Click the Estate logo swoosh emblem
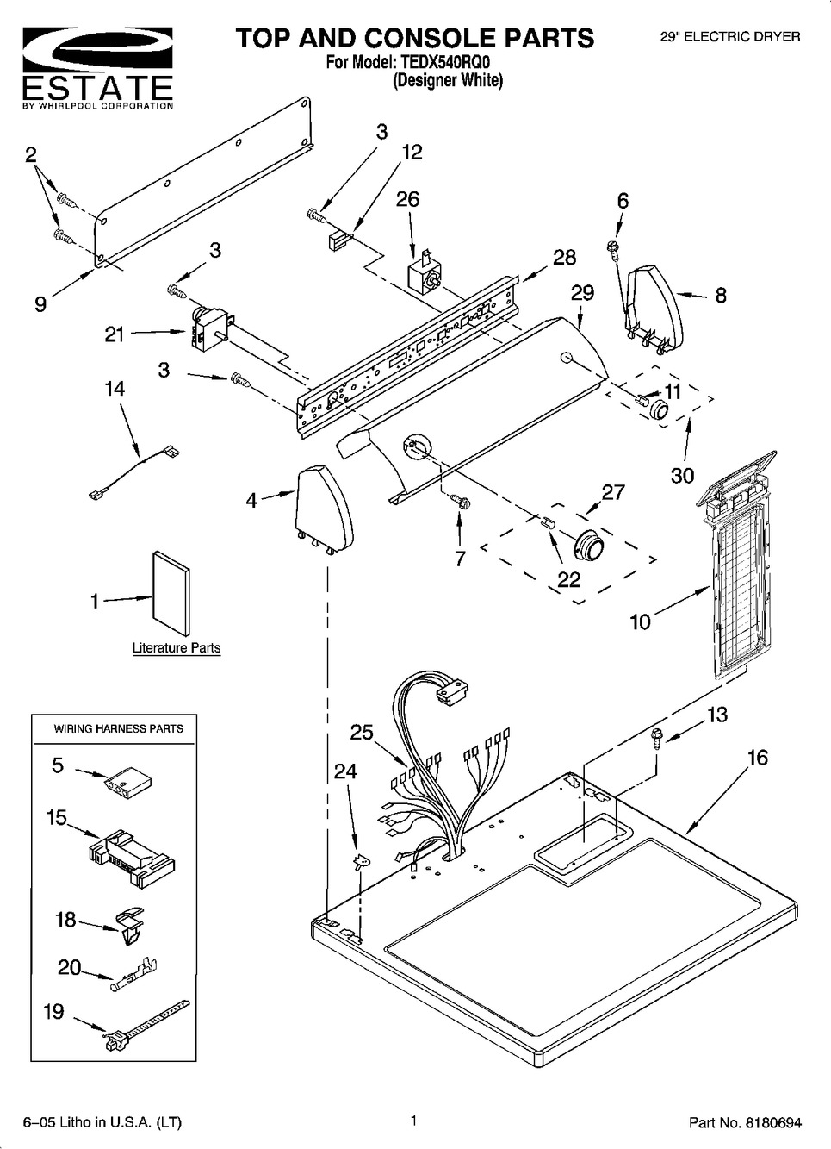tap(97, 52)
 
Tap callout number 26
tap(408, 199)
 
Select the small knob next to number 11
tap(660, 410)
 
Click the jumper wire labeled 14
tap(134, 471)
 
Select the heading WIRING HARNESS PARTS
tap(118, 729)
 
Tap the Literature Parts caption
tap(177, 648)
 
